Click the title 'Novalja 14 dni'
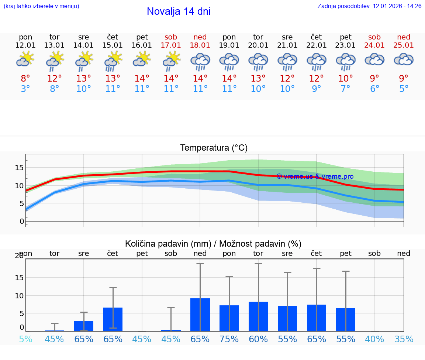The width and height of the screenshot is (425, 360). click(179, 11)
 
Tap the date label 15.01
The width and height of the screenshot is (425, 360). click(113, 45)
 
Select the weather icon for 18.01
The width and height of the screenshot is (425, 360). click(200, 61)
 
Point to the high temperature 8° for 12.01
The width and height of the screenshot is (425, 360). click(25, 79)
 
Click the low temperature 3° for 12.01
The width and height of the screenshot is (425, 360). click(25, 89)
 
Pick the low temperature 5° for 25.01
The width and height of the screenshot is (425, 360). click(404, 89)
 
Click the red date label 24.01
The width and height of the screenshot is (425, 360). click(374, 45)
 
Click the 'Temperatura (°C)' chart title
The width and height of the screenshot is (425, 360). click(214, 148)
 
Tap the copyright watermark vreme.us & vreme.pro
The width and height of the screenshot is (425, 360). click(315, 176)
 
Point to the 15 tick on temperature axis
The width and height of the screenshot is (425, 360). click(19, 168)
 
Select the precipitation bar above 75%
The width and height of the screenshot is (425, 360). click(229, 318)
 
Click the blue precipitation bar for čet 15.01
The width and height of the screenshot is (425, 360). click(113, 319)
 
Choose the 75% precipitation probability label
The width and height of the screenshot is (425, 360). click(229, 339)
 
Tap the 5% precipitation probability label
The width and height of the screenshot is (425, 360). click(25, 339)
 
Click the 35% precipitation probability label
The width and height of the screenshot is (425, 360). click(404, 339)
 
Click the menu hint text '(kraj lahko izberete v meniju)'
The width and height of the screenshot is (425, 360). click(41, 6)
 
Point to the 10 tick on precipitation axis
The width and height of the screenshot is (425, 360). click(19, 295)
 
